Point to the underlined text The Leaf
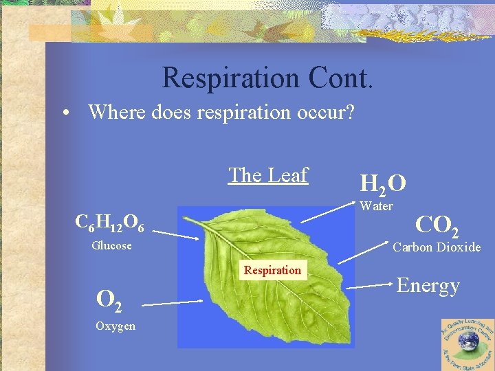coord(268,175)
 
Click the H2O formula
coord(382,183)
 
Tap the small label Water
coord(376,206)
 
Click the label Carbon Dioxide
coord(437,247)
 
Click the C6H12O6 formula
coord(109,223)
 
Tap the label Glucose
coord(111,245)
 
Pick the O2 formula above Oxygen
coord(110,299)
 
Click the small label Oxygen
coord(115,326)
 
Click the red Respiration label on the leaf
coord(272,270)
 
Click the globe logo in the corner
coord(468,344)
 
